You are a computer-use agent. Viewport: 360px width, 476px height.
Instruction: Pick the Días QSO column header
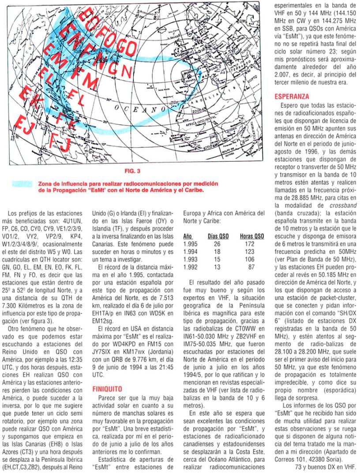218,236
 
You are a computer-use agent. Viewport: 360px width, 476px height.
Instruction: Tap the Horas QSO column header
252,236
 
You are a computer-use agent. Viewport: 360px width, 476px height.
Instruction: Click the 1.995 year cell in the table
190,244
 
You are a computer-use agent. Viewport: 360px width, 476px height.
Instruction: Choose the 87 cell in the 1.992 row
251,267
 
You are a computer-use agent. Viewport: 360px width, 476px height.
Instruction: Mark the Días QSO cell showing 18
217,251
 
